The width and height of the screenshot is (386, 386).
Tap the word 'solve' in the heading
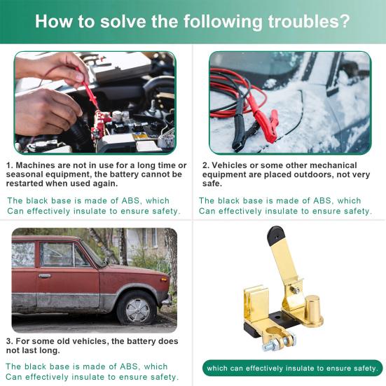(120, 21)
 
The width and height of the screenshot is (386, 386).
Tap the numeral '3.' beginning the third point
(10, 341)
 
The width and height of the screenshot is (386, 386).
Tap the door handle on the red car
(44, 276)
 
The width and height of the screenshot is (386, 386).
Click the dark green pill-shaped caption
(294, 368)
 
